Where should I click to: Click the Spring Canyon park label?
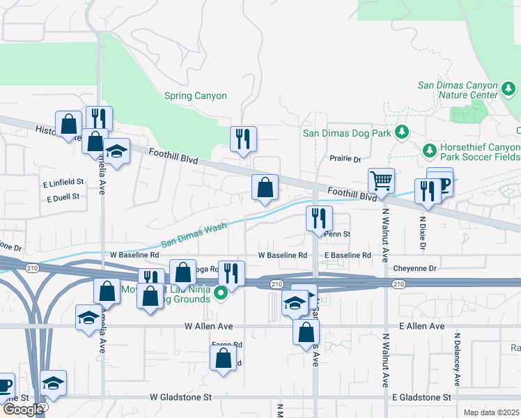pos(195,96)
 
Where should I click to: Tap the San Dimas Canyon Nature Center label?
pos(457,91)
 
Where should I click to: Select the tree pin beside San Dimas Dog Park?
pos(401,132)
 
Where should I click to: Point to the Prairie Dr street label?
pos(345,160)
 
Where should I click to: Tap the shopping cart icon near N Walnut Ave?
pos(381,182)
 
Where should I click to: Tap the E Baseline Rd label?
pos(347,256)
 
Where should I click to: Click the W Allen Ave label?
pos(208,326)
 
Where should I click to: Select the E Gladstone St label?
pos(417,397)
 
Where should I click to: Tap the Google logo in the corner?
pos(23,409)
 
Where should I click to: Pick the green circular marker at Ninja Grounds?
pos(221,293)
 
